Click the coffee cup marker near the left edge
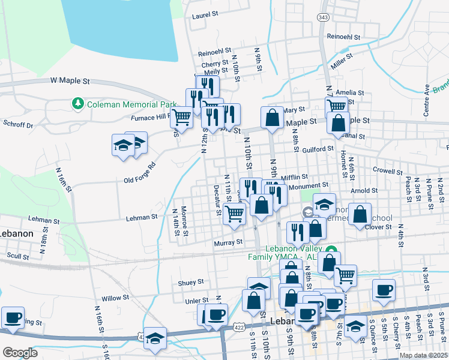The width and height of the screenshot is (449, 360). point(13,318)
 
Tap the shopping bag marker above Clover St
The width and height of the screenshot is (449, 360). point(359,215)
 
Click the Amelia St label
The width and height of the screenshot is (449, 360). point(350,92)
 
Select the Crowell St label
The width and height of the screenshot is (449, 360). point(387,170)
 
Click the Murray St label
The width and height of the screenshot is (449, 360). point(228,242)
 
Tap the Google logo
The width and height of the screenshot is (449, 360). point(20,353)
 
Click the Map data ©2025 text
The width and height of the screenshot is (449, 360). point(423,355)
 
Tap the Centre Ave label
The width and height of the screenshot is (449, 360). point(427,100)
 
